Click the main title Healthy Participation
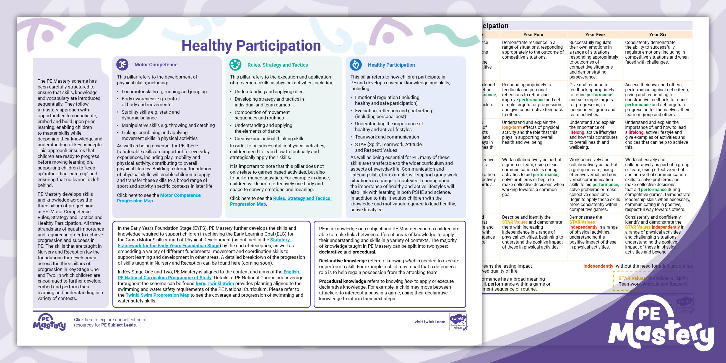251,46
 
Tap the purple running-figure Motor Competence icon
122,64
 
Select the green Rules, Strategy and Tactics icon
235,64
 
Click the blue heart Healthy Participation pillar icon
356,65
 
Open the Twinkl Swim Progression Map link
157,295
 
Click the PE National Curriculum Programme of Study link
164,278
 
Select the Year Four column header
533,35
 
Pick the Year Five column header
595,35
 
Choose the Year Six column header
657,35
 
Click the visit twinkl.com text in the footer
430,322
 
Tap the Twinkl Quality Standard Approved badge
458,322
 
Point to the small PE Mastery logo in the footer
49,322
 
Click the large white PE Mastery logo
660,327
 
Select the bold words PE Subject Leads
118,325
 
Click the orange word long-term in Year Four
512,127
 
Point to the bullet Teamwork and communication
387,137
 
